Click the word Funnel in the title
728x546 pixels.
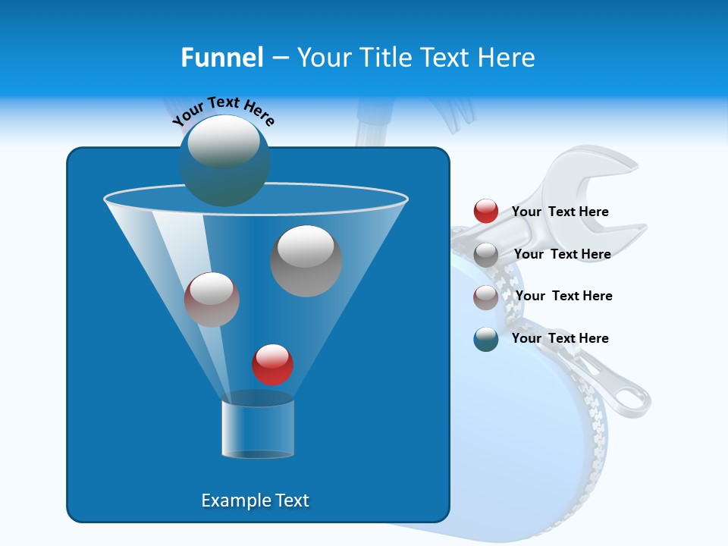tap(221, 58)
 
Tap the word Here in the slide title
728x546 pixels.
tap(508, 58)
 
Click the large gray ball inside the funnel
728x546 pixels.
tap(306, 261)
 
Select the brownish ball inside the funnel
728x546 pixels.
tap(212, 300)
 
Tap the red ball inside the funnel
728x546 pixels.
tap(272, 365)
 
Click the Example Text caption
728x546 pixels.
tap(255, 500)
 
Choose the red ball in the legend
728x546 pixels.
tap(486, 212)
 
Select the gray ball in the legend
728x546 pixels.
tap(486, 255)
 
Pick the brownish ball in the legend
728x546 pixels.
tap(486, 297)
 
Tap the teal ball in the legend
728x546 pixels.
tap(486, 339)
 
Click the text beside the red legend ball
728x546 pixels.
tap(560, 212)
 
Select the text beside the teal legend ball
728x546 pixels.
tap(560, 338)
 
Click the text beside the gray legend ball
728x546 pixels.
tap(562, 254)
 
